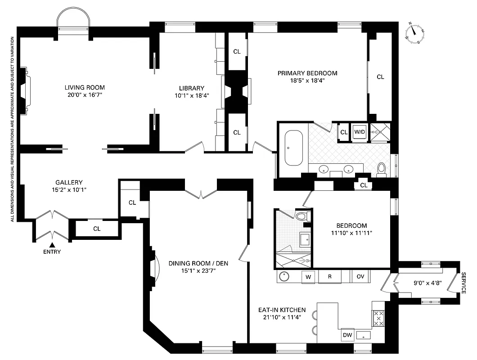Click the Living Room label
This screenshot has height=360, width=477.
(85, 87)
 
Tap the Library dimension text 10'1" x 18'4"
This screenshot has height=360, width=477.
(191, 95)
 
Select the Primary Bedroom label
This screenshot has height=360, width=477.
(307, 73)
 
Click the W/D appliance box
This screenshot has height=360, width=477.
(360, 132)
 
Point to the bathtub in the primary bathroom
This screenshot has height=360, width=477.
(294, 148)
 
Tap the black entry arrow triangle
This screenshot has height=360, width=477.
(52, 244)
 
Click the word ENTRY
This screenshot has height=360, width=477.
(52, 252)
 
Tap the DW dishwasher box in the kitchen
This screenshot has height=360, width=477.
(347, 335)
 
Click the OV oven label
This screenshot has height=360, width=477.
(360, 276)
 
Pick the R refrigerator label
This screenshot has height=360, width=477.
(329, 276)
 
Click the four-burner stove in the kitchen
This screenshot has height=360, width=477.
(379, 318)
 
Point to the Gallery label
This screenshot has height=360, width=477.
(69, 182)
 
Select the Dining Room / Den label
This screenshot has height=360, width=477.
(198, 263)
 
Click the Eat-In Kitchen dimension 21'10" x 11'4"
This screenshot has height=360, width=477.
(282, 317)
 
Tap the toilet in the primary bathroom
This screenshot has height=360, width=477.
(382, 168)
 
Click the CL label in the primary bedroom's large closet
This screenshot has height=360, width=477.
(380, 77)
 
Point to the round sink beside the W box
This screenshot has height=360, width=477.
(284, 276)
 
